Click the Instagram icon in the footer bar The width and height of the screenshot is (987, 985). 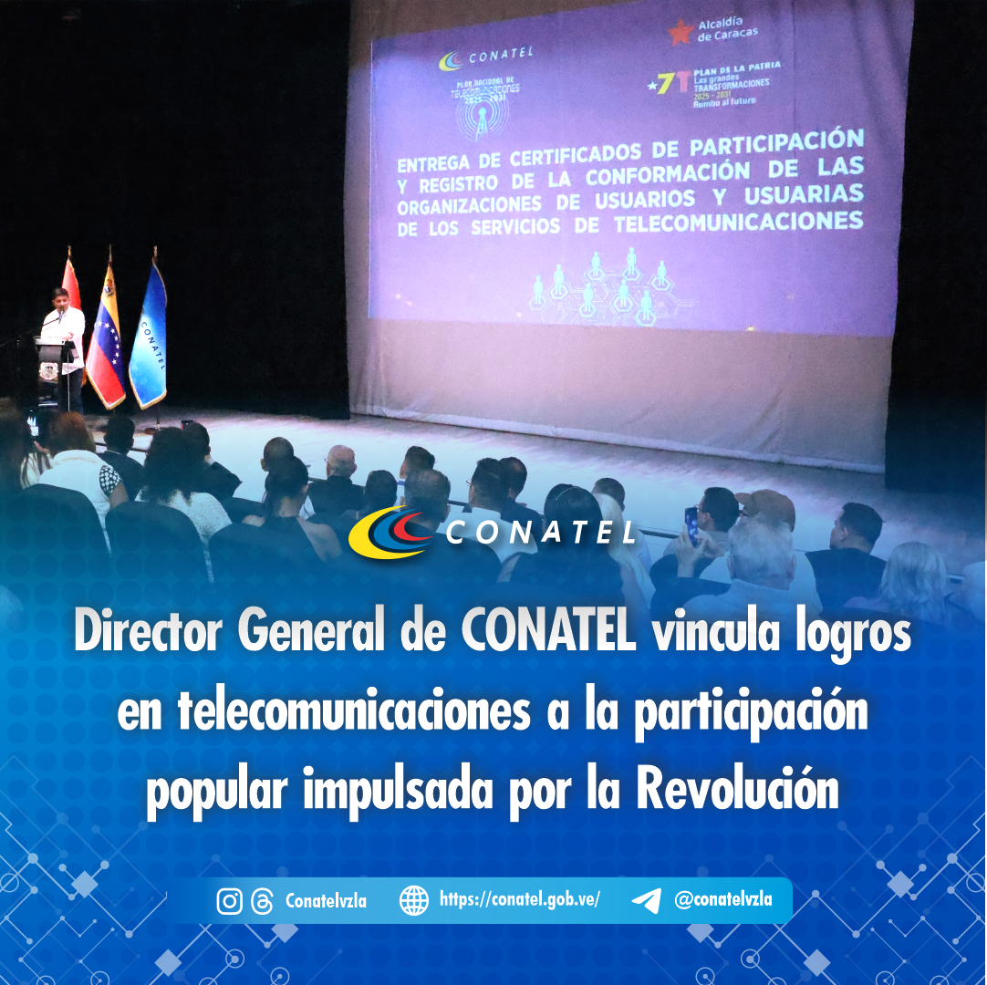pos(230,901)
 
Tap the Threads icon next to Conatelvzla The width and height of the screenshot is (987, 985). pos(262,901)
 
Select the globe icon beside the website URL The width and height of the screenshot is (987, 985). pos(414,900)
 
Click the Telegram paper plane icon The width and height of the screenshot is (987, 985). pos(646,900)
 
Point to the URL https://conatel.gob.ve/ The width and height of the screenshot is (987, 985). pos(519,899)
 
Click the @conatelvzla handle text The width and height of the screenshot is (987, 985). pos(722,899)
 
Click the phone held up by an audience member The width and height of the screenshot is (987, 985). pos(691,525)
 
